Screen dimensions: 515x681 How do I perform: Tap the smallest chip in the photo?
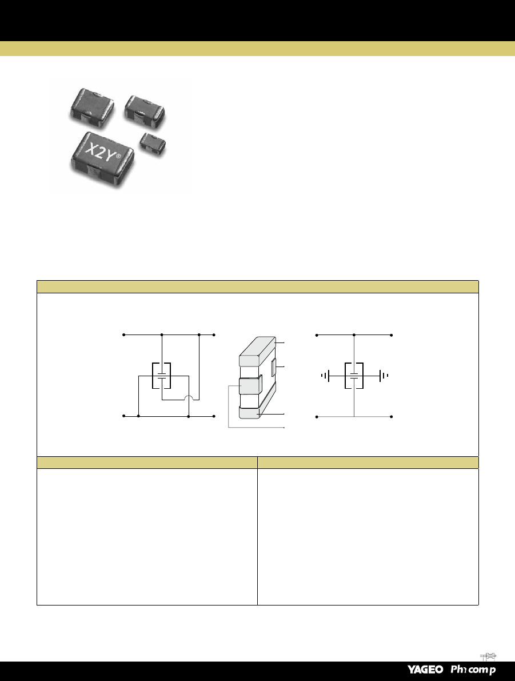coord(153,143)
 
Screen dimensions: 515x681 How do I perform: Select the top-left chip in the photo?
coord(92,107)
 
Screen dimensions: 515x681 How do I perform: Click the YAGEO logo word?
coord(425,670)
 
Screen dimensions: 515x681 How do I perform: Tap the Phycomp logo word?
coord(473,670)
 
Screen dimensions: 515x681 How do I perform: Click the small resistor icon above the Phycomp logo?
coord(489,656)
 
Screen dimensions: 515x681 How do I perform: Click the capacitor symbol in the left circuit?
coord(162,376)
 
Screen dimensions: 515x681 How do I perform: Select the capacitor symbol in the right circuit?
coord(354,376)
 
